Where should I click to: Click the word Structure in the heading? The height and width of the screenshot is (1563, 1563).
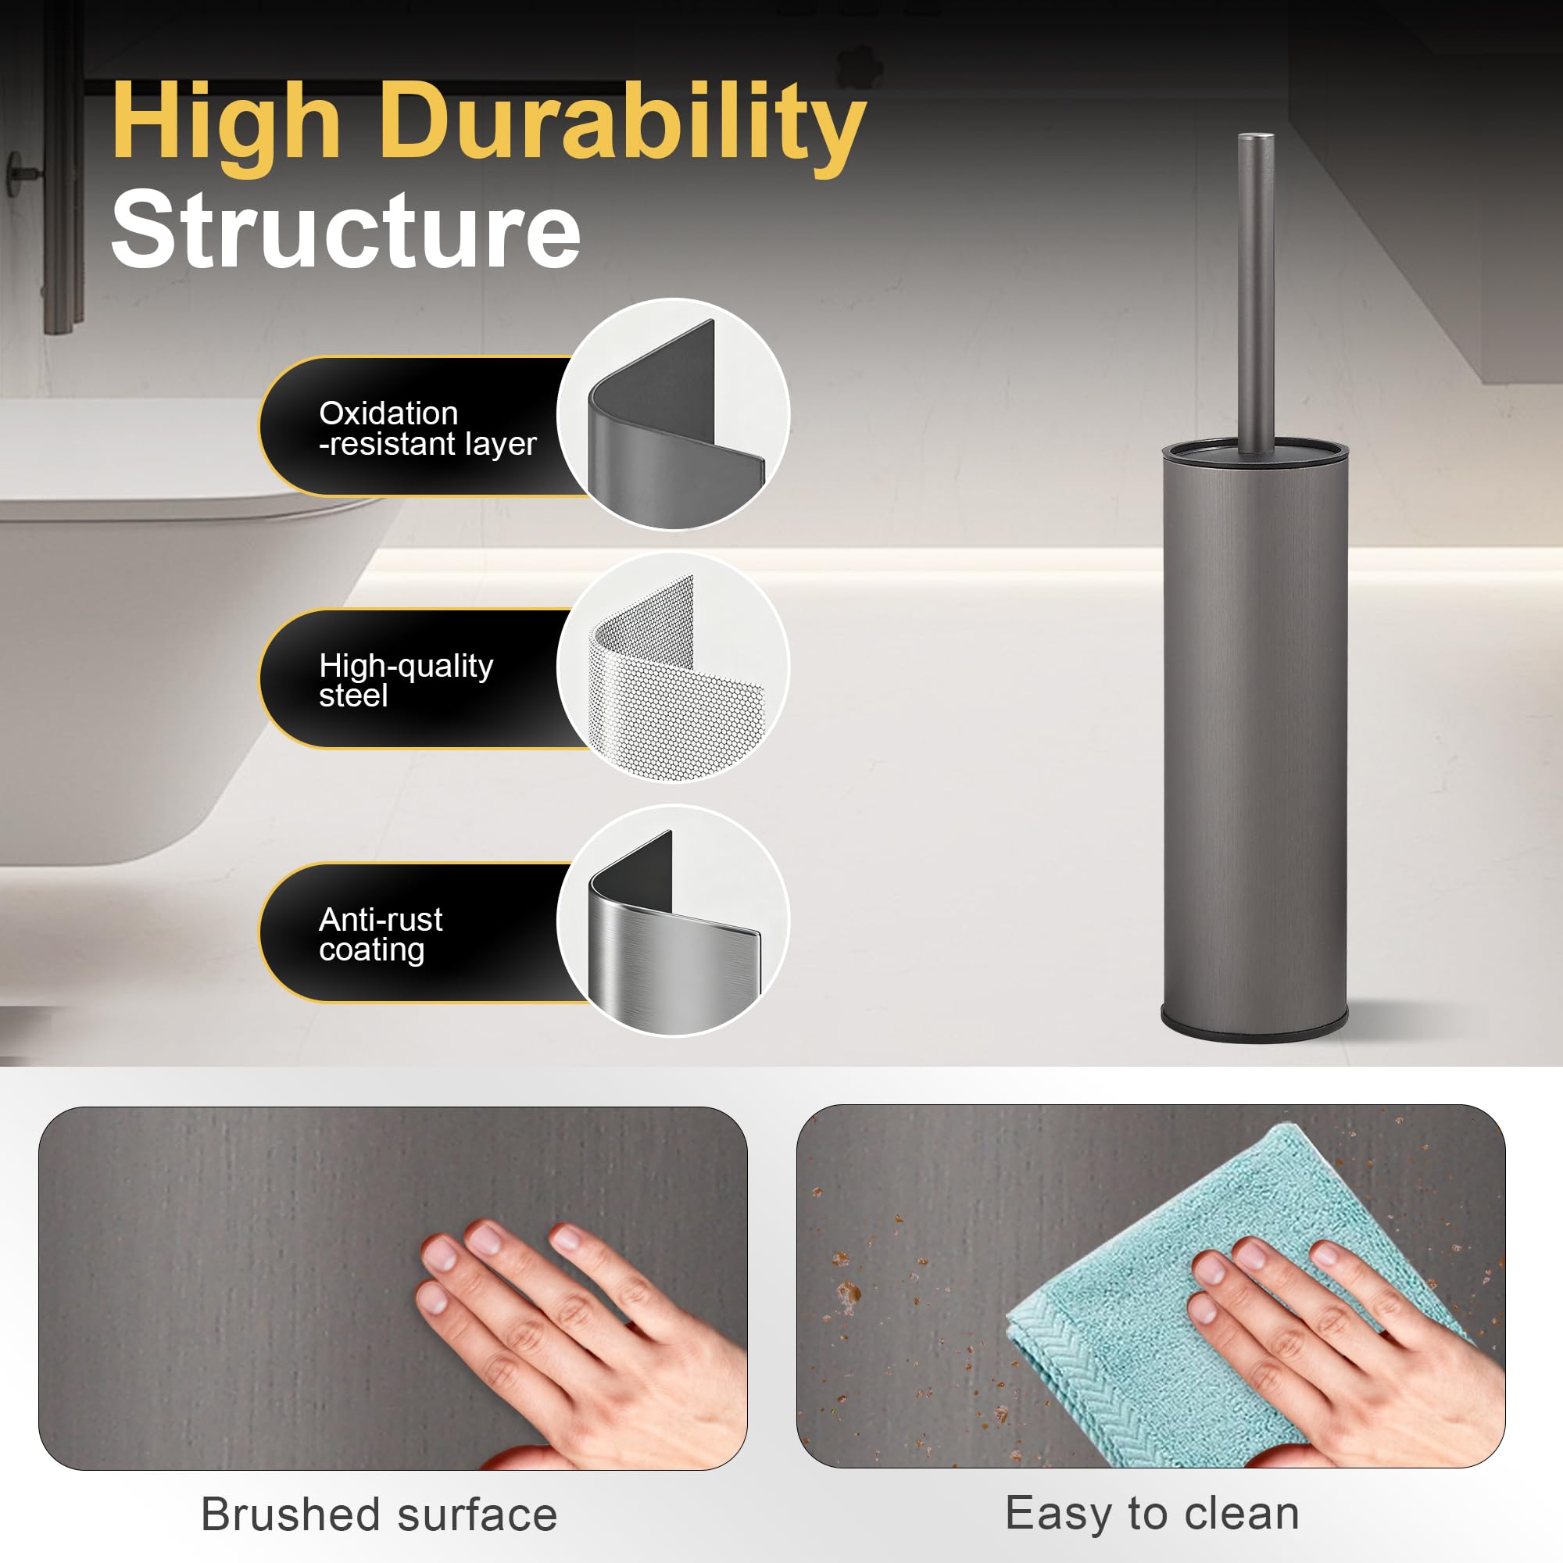[x=345, y=229]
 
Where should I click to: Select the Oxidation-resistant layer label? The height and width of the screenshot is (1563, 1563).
[x=427, y=428]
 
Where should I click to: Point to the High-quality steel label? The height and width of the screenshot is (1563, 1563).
[x=406, y=680]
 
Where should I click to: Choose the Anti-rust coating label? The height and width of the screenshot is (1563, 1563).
[x=381, y=934]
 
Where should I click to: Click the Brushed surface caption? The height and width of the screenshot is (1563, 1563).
[x=380, y=1514]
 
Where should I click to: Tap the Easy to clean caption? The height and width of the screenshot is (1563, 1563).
[x=1152, y=1513]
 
